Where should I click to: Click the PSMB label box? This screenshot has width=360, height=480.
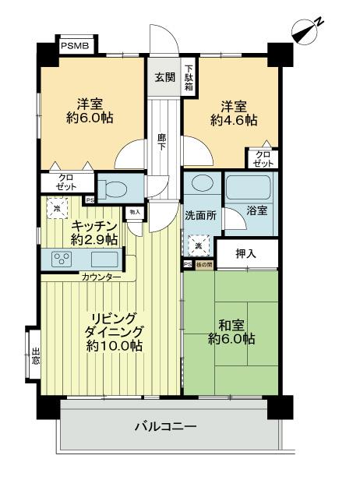[x=76, y=46]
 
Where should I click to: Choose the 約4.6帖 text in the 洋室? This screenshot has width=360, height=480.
[x=231, y=121]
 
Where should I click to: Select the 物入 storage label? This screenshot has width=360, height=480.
[x=134, y=211]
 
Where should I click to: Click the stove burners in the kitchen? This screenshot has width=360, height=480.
[x=62, y=259]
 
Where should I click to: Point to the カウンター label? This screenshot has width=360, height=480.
[x=100, y=277]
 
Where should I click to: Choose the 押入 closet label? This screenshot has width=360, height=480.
[x=246, y=253]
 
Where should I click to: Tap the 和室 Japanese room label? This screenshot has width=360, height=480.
[x=230, y=323]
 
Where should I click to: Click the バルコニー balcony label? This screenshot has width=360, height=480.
[x=164, y=427]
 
